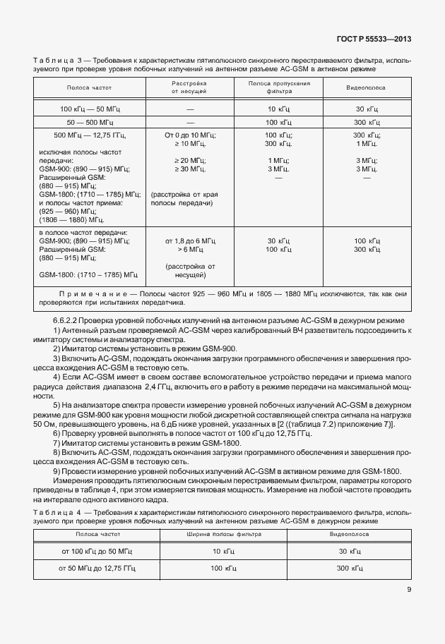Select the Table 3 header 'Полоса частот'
point(89,87)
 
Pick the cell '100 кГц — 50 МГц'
point(89,109)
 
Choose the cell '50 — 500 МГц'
point(89,123)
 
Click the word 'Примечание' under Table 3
point(87,291)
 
